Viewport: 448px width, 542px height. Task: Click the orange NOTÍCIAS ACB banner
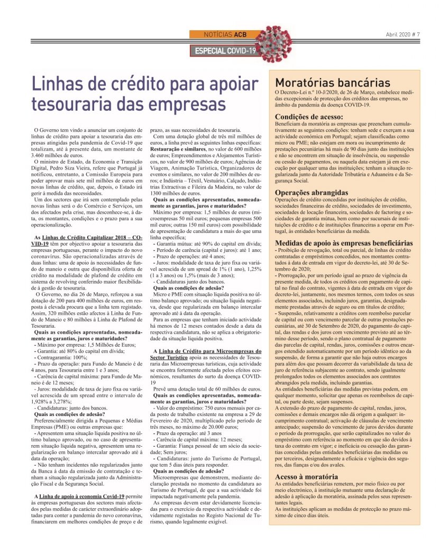pyautogui.click(x=225, y=34)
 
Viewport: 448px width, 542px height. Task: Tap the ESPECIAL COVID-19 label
pyautogui.click(x=225, y=50)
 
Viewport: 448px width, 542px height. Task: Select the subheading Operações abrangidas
pyautogui.click(x=311, y=192)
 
